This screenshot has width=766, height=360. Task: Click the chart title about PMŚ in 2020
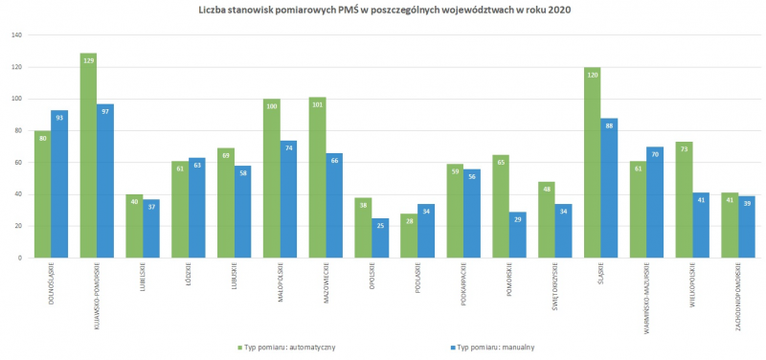pos(383,10)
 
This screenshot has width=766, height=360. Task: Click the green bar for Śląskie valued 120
pos(594,163)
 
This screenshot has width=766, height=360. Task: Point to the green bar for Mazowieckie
pos(318,177)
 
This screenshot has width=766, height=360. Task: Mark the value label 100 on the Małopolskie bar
pos(271,105)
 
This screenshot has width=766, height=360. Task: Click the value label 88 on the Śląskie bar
pos(610,124)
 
